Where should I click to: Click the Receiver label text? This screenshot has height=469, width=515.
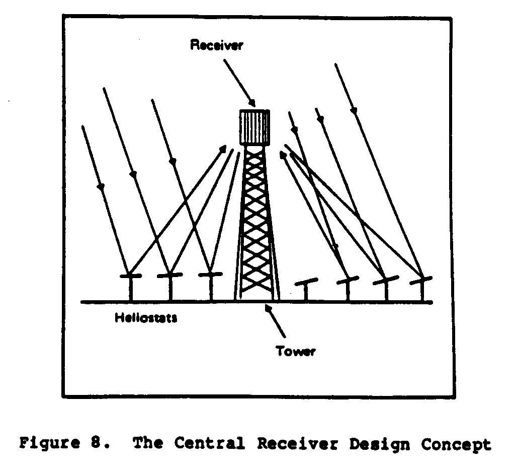click(216, 45)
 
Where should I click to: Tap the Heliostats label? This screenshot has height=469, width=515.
click(146, 318)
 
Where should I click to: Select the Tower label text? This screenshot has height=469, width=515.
click(296, 351)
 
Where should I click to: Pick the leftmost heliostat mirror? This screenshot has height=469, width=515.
click(130, 276)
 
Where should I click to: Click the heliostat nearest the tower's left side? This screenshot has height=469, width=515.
click(210, 275)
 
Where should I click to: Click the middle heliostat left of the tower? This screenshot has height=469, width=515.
click(170, 276)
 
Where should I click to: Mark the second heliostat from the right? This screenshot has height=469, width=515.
click(385, 281)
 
